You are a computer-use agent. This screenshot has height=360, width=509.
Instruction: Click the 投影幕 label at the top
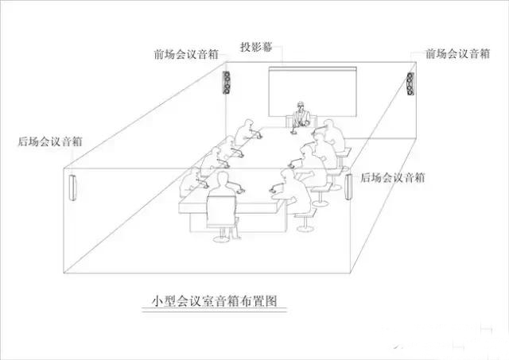[x=257, y=47]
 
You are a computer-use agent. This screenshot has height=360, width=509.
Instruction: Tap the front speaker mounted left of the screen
[x=227, y=83]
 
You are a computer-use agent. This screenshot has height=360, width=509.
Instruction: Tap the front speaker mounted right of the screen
[x=410, y=83]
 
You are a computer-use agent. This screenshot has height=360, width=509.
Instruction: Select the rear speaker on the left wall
[x=72, y=188]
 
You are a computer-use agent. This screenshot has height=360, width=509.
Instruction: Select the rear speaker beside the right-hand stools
[x=348, y=188]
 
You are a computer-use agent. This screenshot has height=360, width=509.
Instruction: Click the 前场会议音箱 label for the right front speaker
[x=457, y=54]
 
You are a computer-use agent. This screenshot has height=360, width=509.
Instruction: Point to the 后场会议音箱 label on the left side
[x=49, y=142]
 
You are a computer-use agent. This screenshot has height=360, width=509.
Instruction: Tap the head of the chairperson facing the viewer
[x=301, y=106]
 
